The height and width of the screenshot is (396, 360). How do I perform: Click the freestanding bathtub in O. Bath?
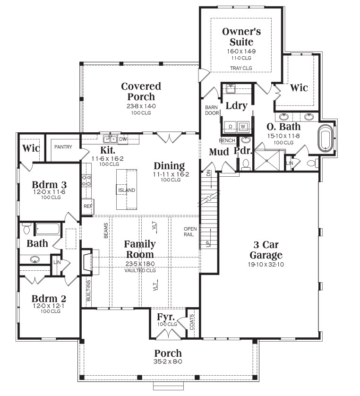[x=326, y=138]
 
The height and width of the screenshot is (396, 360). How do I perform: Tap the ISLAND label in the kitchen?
[x=127, y=190]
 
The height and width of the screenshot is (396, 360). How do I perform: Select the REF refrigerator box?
[x=88, y=207]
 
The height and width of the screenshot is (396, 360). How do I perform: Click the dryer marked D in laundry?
[x=231, y=127]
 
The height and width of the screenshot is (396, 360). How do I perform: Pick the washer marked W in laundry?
[x=243, y=127]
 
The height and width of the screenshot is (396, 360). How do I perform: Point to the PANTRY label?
[x=63, y=147]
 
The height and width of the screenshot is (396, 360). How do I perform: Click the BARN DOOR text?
[x=212, y=111]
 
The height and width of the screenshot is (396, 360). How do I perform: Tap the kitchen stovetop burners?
[x=86, y=181]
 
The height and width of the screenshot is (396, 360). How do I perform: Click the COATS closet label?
[x=192, y=322]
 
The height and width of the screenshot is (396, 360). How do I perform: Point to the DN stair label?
[x=208, y=173]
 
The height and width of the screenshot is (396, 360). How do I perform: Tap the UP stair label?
[x=208, y=244]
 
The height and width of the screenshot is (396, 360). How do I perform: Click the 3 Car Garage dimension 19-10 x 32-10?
[x=266, y=265]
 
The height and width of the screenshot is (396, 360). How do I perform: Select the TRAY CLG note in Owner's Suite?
[x=241, y=68]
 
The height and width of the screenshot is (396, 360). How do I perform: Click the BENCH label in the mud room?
[x=227, y=140]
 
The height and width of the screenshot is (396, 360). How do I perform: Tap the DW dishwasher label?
[x=123, y=139]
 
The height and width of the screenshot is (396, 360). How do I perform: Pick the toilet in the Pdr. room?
[x=245, y=164]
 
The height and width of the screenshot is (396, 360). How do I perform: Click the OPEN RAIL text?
[x=190, y=232]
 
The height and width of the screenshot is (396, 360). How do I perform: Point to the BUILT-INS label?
[x=88, y=291]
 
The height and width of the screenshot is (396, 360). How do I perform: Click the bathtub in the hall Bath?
[x=47, y=229]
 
